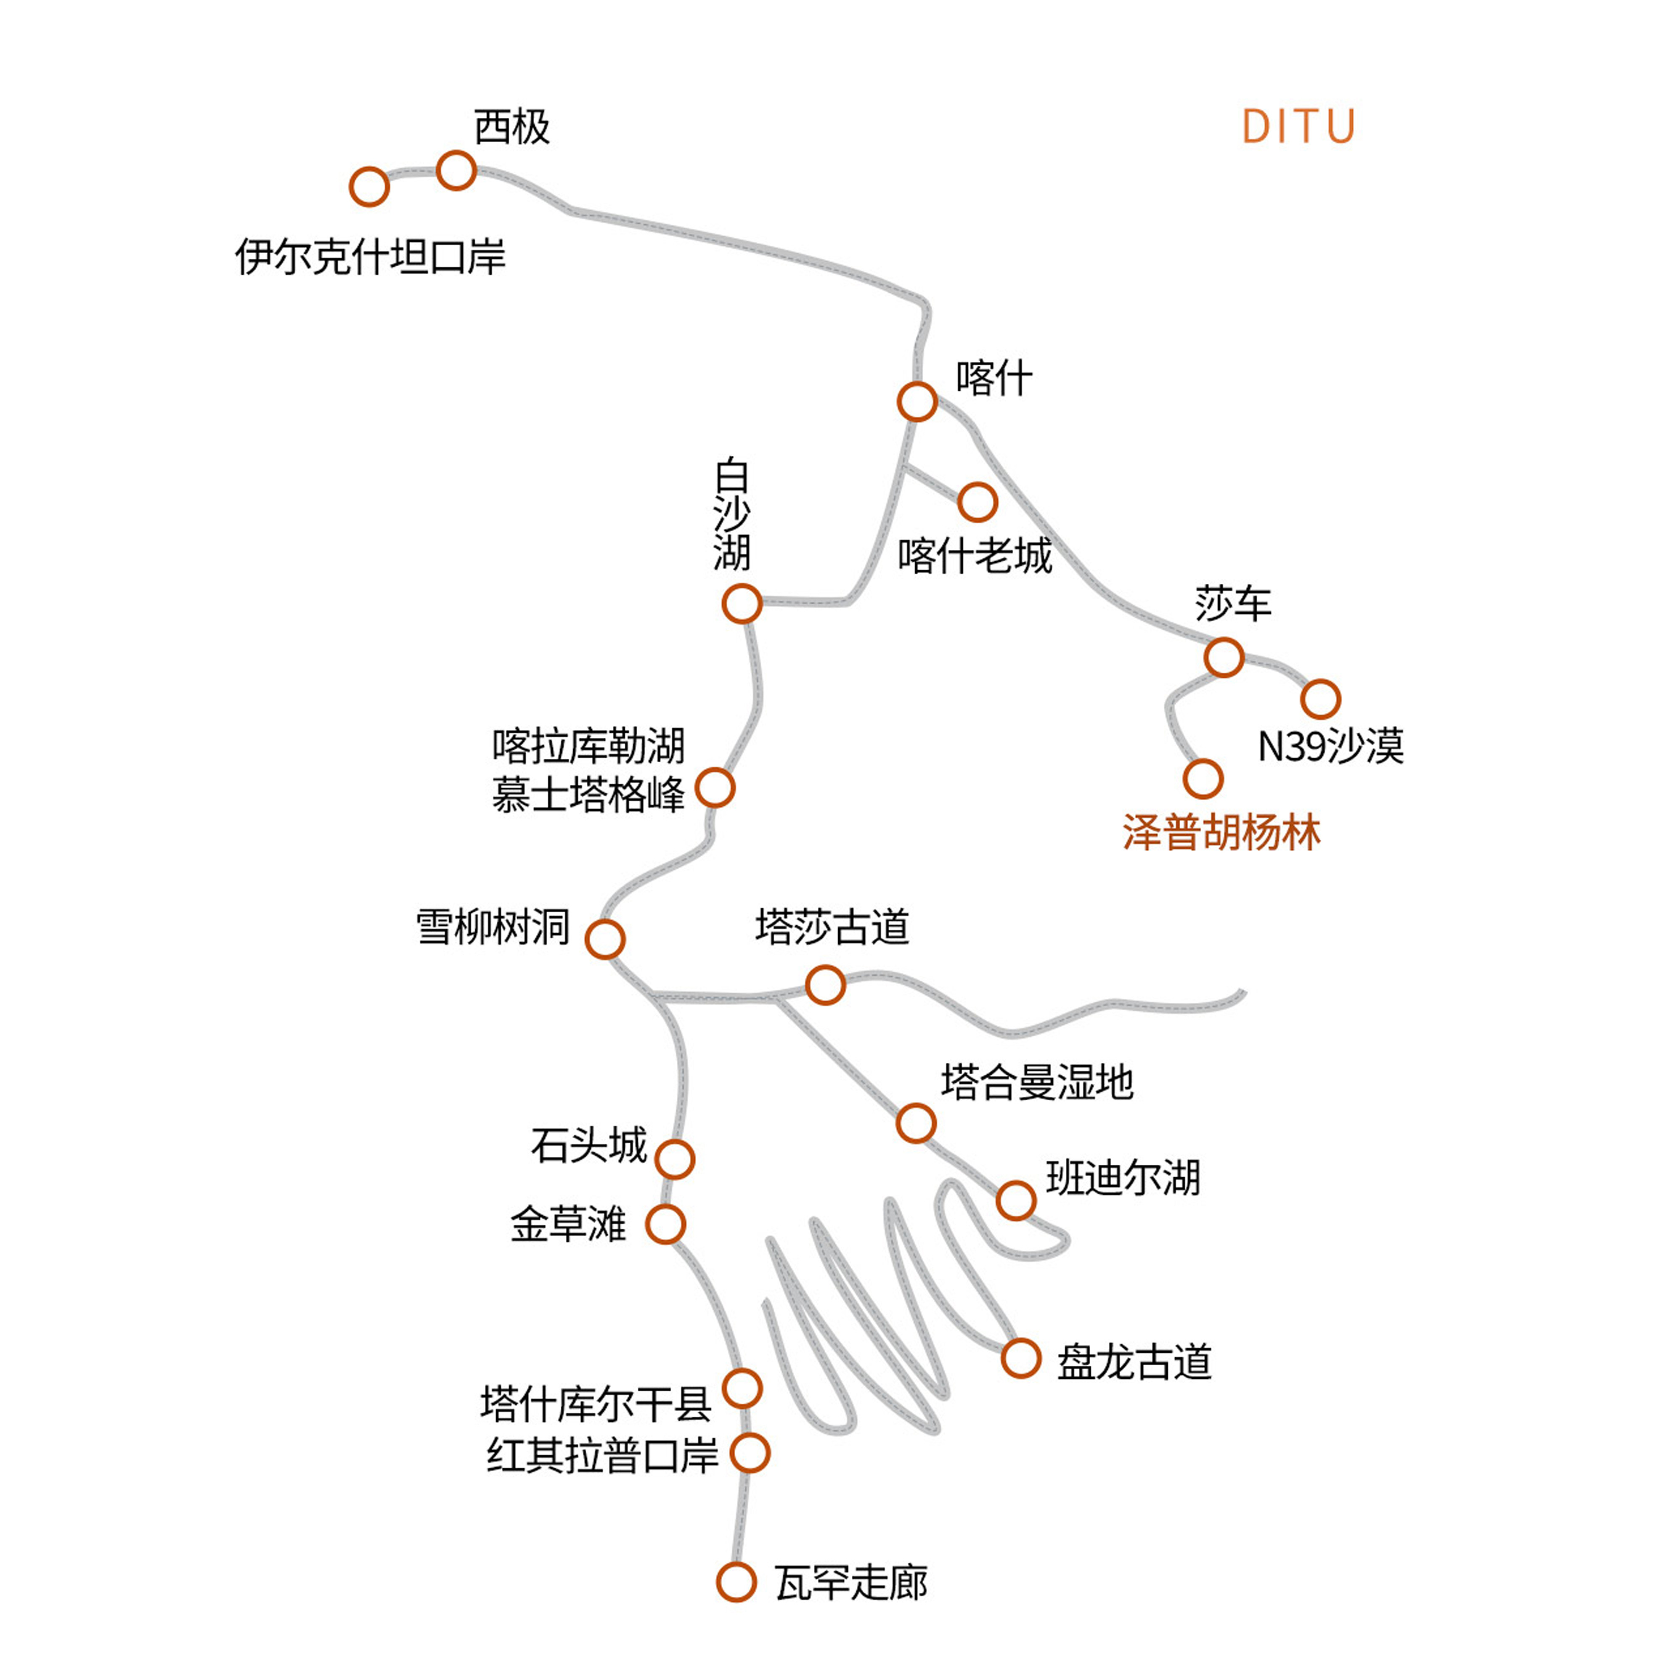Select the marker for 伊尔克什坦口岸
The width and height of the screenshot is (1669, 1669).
click(x=369, y=187)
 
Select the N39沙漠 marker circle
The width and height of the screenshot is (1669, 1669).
click(x=1320, y=699)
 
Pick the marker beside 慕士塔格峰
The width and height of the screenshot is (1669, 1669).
click(x=715, y=788)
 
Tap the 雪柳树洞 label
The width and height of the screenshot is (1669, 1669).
click(x=493, y=927)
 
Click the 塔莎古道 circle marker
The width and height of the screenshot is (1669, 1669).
click(x=825, y=985)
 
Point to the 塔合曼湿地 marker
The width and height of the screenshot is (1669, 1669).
click(x=916, y=1123)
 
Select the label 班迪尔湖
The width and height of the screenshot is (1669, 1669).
click(x=1123, y=1177)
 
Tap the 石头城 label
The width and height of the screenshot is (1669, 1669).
click(x=588, y=1145)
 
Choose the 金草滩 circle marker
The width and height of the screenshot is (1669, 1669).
click(x=665, y=1224)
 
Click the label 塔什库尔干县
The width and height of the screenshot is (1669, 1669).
click(x=596, y=1404)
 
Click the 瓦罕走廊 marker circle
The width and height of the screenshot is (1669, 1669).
click(x=736, y=1582)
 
